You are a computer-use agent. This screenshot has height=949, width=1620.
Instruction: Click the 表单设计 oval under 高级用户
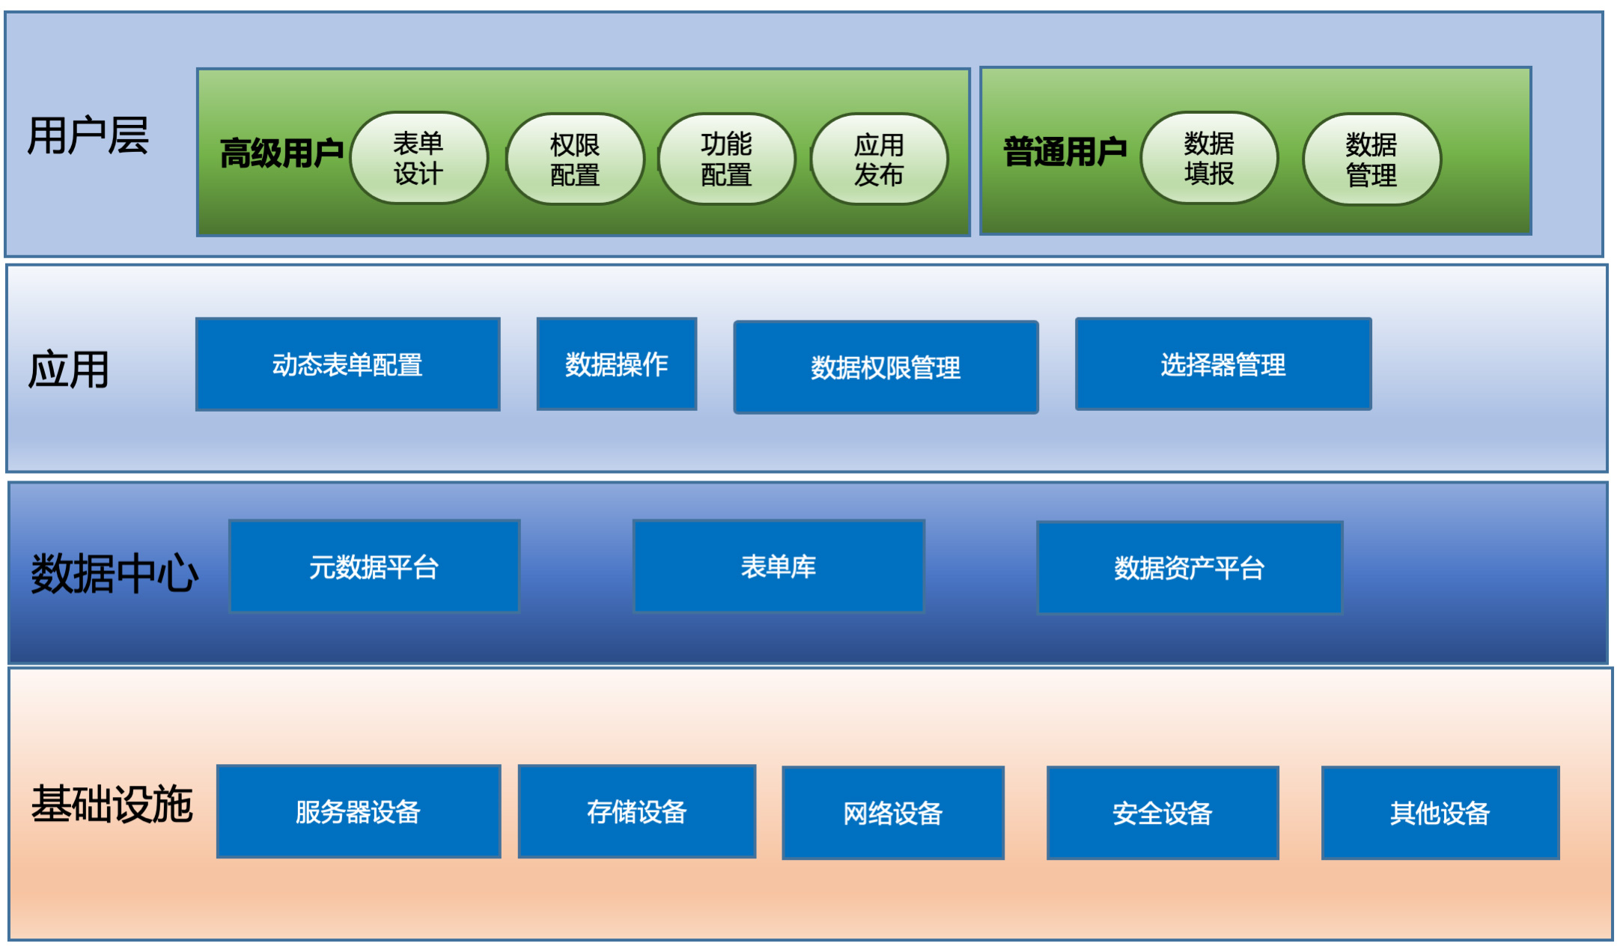tap(418, 158)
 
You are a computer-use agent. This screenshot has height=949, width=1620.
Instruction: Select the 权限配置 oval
tap(575, 159)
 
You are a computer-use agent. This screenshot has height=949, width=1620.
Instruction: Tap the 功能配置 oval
tap(726, 159)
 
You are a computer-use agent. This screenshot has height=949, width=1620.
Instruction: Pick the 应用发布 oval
tap(879, 159)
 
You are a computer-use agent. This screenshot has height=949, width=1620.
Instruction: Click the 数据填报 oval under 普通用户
tap(1209, 158)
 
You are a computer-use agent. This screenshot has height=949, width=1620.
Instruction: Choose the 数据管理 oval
tap(1371, 159)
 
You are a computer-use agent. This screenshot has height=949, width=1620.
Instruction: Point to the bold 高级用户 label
tap(281, 153)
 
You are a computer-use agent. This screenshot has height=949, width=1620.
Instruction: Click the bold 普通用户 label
tap(1065, 152)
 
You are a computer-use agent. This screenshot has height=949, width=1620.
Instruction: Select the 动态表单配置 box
tap(347, 364)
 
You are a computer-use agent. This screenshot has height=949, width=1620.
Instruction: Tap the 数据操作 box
tap(616, 364)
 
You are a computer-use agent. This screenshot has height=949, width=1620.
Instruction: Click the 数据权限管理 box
tap(886, 367)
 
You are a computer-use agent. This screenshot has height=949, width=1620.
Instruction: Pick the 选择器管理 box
tap(1223, 364)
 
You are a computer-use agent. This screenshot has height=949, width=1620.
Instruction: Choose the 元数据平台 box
tap(374, 567)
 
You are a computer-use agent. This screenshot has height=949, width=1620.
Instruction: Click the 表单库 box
tap(779, 567)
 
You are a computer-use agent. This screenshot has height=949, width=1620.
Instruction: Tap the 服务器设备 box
tap(359, 812)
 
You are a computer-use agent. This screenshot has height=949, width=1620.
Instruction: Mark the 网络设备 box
tap(893, 814)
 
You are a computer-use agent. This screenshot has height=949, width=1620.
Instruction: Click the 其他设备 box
tap(1440, 814)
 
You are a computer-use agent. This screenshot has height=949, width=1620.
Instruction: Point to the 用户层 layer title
tap(88, 135)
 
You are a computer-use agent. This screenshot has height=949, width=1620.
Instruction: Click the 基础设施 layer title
tap(112, 805)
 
